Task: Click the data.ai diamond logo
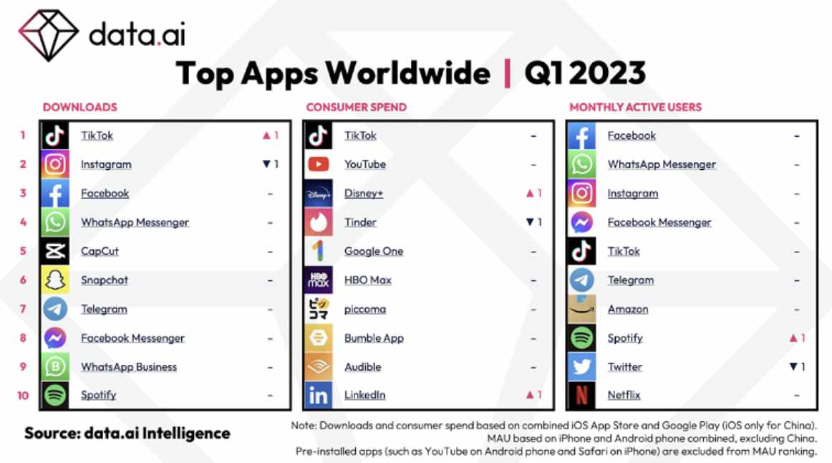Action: pos(49,35)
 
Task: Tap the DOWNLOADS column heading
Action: pos(80,108)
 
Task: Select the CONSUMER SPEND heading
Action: pos(357,108)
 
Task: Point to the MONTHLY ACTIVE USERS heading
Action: pos(636,108)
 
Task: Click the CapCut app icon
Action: pos(55,251)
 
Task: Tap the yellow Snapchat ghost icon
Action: pos(55,280)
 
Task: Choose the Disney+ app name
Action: pos(364,194)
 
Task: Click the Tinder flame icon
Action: pos(319,222)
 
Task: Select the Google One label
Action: pos(374,251)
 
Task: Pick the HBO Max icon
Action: pos(319,280)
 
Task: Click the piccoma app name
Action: pos(365,309)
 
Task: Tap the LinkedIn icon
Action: pos(319,395)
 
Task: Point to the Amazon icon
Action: pos(581,309)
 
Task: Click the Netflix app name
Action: pos(624,395)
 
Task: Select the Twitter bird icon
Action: pos(581,366)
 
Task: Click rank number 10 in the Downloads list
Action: pos(23,396)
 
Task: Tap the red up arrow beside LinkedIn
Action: pos(530,394)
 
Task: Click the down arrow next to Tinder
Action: pos(530,222)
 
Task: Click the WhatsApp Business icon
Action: pos(55,366)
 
